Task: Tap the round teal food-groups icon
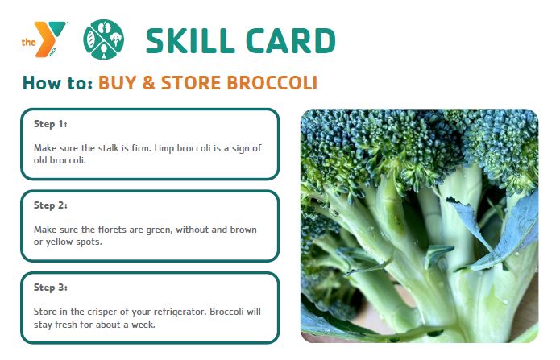tap(104, 39)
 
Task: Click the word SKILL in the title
tap(190, 41)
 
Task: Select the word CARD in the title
tap(291, 41)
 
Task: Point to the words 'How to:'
tap(57, 82)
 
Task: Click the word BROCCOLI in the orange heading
tap(272, 83)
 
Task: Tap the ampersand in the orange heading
tap(148, 83)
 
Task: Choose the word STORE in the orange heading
tap(191, 83)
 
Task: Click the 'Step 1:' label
tap(50, 124)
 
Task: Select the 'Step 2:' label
tap(50, 205)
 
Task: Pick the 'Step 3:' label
tap(50, 288)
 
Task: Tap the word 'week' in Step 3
tap(143, 325)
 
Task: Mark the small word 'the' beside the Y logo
tap(28, 42)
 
